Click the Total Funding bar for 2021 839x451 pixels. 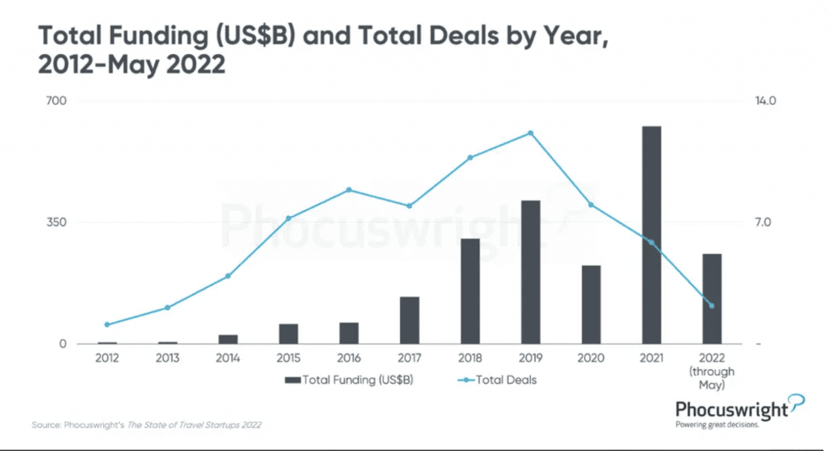[651, 235]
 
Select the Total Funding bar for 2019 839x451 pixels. [530, 272]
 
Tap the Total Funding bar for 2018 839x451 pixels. [469, 291]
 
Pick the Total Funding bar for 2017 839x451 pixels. [410, 320]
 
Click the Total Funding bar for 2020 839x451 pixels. [591, 304]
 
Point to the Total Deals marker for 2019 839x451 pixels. [530, 133]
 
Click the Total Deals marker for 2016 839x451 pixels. [349, 190]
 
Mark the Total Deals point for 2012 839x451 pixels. [107, 324]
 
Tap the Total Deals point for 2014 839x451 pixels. [228, 277]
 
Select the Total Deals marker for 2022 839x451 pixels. [712, 305]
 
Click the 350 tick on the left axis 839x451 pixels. [57, 223]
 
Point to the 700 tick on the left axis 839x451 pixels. [57, 101]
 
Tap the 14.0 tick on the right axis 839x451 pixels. [765, 101]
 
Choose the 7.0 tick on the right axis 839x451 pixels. [763, 223]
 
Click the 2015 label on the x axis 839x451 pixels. [288, 358]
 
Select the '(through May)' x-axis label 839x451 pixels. [712, 378]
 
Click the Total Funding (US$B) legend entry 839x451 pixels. [349, 380]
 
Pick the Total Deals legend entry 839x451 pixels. [497, 380]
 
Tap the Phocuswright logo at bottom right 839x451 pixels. [740, 411]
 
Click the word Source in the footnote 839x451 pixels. [46, 425]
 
